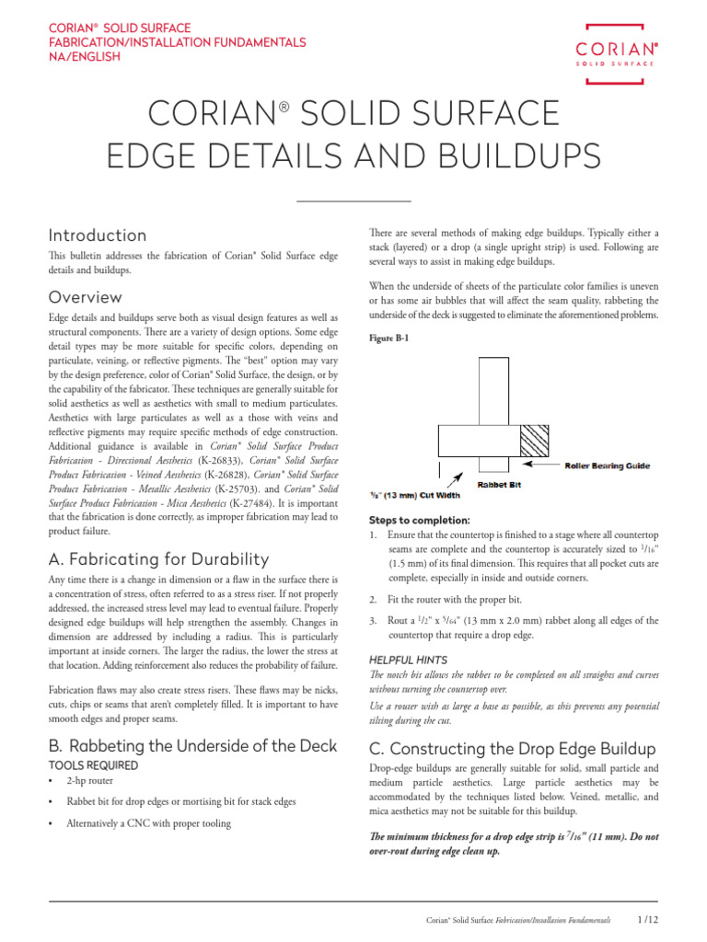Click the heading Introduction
(x=98, y=235)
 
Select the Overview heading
(x=85, y=297)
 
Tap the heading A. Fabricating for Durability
(x=158, y=559)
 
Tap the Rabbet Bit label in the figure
(x=498, y=485)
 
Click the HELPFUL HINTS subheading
(x=408, y=660)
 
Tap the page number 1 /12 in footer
(x=647, y=919)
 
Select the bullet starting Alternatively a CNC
(x=148, y=823)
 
